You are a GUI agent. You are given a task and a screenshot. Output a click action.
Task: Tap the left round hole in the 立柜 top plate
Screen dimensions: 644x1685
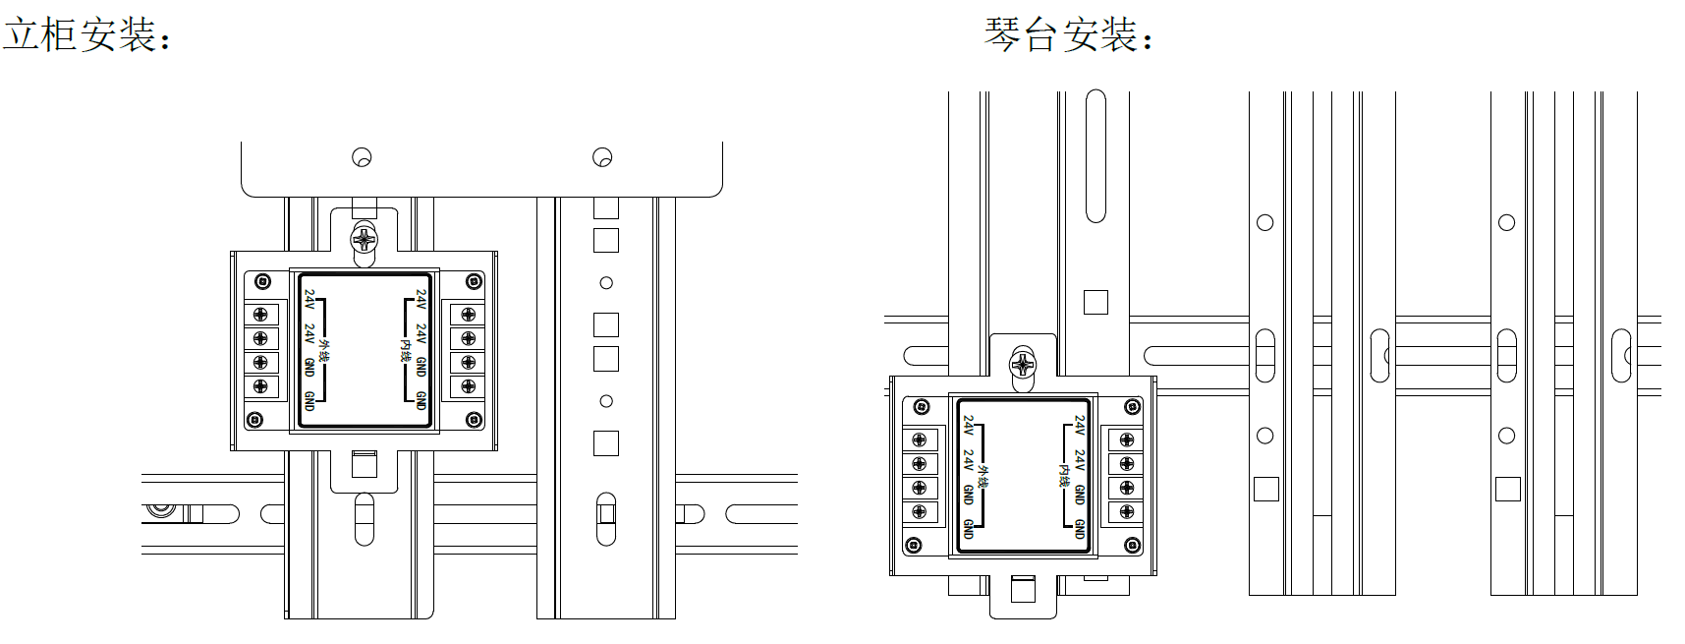click(362, 157)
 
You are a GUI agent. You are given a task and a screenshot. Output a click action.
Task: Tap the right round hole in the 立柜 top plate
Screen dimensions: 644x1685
click(602, 157)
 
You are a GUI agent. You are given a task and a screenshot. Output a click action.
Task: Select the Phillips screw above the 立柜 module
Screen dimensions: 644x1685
click(365, 238)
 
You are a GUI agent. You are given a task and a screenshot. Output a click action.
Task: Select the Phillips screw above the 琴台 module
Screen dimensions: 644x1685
click(1023, 364)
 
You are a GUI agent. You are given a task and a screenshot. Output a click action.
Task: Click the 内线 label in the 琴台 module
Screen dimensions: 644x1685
click(1064, 476)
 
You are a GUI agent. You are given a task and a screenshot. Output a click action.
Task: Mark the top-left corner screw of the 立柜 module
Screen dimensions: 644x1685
click(262, 282)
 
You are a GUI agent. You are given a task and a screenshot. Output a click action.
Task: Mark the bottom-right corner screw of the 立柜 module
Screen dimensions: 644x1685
click(476, 420)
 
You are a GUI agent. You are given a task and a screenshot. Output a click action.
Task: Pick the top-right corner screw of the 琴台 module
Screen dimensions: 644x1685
click(1132, 407)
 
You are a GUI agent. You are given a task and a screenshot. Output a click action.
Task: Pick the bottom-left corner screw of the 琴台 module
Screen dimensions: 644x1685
click(914, 545)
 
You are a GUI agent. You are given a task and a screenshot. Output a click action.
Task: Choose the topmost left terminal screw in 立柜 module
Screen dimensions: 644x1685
click(260, 315)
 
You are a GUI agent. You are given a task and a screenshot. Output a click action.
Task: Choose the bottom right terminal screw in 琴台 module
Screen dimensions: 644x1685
click(1126, 512)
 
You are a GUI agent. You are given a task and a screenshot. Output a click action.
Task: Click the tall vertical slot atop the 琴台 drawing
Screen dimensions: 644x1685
click(1095, 157)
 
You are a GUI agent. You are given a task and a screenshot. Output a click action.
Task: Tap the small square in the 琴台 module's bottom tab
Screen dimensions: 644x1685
click(1023, 589)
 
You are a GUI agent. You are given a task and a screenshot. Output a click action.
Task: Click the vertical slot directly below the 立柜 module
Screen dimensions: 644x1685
click(364, 518)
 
